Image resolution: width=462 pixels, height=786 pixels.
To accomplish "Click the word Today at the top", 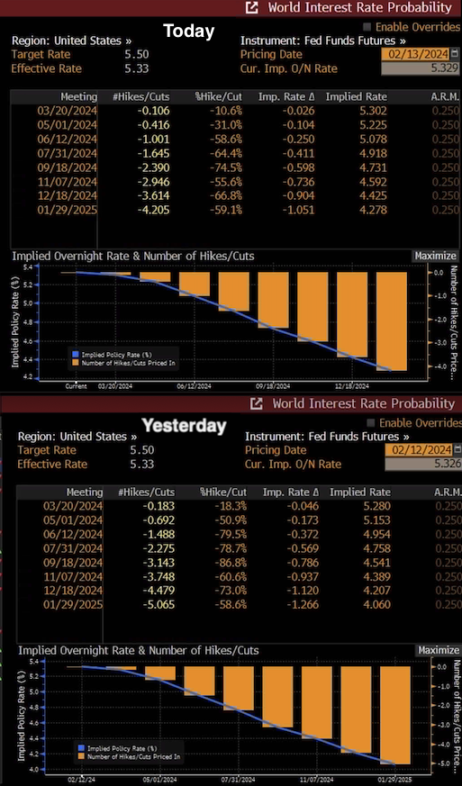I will (188, 32).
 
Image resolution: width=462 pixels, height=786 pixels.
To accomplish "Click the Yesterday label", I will (183, 426).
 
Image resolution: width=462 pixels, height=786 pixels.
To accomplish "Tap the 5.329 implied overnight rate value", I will (418, 68).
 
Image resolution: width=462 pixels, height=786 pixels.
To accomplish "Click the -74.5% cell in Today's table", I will (222, 167).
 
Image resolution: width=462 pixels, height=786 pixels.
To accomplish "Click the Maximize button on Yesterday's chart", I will (439, 650).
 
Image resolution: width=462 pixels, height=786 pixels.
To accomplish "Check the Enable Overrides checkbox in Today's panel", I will (367, 27).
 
